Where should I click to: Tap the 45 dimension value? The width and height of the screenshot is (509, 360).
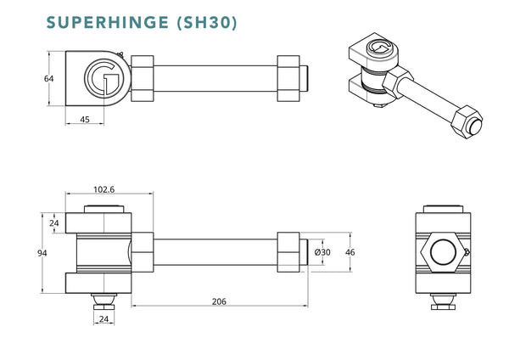(85, 119)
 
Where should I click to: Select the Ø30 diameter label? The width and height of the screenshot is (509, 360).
(322, 252)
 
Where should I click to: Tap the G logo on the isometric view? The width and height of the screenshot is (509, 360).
(379, 52)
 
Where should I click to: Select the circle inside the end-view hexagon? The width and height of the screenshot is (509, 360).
(444, 252)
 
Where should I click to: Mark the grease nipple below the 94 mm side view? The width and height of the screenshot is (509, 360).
(103, 301)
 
